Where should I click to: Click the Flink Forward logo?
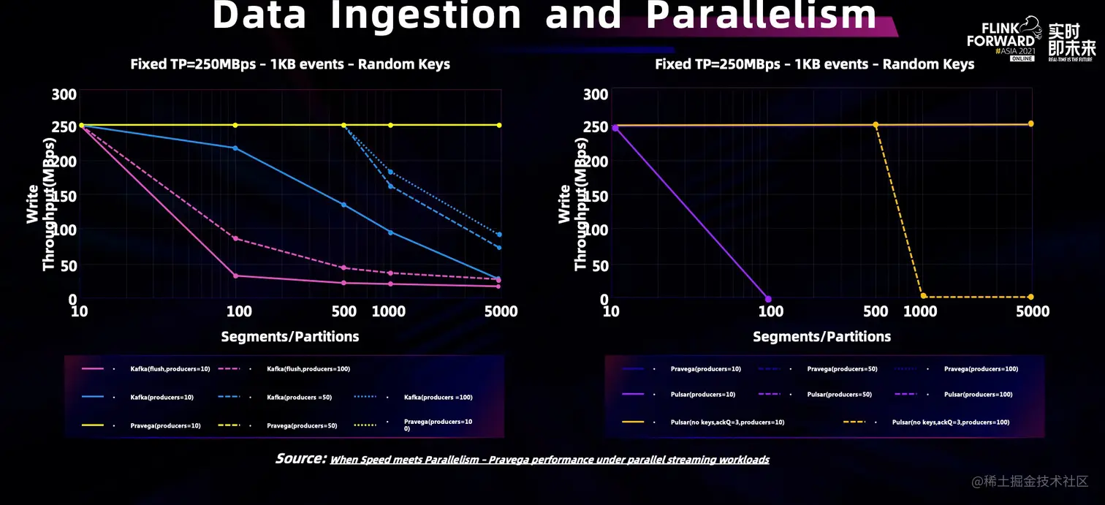(x=1001, y=40)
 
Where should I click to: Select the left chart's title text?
(x=290, y=64)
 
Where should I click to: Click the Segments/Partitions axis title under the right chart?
(x=821, y=337)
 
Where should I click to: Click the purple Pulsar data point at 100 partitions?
(x=768, y=299)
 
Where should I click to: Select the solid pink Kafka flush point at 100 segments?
(x=235, y=276)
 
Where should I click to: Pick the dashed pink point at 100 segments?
(x=235, y=238)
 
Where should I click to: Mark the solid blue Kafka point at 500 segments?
(x=343, y=205)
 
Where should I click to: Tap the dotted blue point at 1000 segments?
(x=390, y=172)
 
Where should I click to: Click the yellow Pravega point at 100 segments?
(x=235, y=125)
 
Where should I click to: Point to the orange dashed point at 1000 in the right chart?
(x=923, y=296)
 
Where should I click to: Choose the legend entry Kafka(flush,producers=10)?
(x=170, y=369)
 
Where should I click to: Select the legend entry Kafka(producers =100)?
(x=438, y=398)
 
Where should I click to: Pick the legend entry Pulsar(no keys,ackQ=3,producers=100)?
(x=950, y=422)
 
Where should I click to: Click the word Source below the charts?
(x=300, y=459)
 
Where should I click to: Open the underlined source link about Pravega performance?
(x=550, y=460)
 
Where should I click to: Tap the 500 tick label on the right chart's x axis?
(x=875, y=312)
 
